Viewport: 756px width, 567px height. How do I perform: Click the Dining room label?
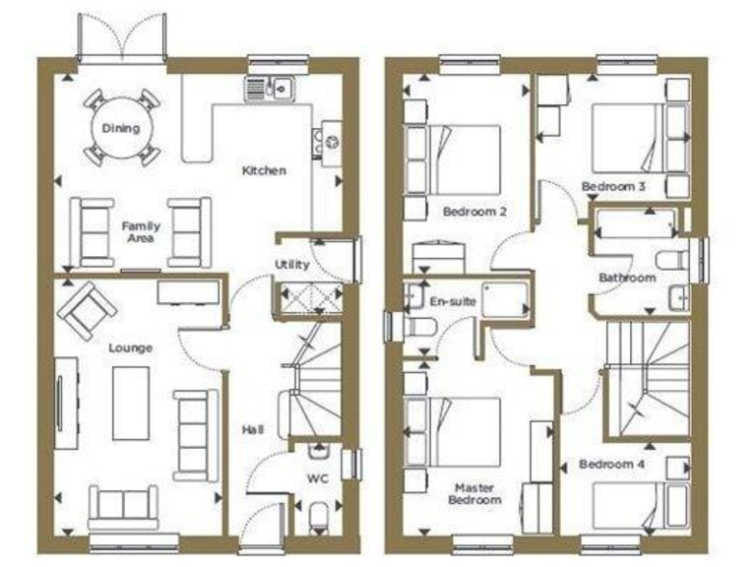point(120,128)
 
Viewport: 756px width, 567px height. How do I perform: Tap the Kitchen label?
point(265,170)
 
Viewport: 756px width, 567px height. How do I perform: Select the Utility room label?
point(292,265)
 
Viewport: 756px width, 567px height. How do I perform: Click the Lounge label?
point(131,347)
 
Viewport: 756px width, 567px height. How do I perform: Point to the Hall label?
point(253,429)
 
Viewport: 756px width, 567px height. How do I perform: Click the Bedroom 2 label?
point(474,211)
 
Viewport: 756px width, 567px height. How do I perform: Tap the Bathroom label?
point(627,279)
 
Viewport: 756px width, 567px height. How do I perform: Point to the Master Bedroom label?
point(477,493)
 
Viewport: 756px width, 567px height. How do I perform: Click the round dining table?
point(120,128)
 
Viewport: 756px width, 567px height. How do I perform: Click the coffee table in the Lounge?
point(131,403)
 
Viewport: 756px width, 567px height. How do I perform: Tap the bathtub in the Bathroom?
point(636,225)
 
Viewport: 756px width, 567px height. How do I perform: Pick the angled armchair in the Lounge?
point(88,308)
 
